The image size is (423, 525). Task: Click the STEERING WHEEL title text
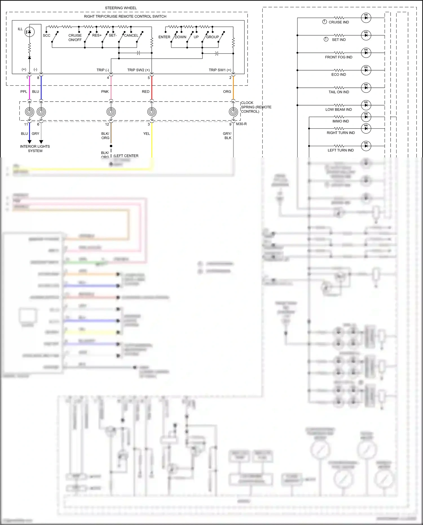(121, 8)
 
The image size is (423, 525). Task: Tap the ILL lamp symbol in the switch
(30, 32)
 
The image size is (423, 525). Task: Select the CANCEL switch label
(131, 36)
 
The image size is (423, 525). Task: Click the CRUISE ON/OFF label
(75, 38)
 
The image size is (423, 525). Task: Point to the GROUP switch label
(212, 37)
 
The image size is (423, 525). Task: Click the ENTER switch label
(164, 37)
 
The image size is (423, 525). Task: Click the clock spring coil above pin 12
(111, 112)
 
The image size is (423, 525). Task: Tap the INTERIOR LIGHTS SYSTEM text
(35, 149)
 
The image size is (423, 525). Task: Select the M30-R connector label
(241, 124)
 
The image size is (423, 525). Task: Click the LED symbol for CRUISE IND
(366, 18)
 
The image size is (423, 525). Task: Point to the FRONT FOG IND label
(338, 57)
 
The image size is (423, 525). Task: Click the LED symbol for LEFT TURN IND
(366, 146)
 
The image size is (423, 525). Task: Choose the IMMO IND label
(340, 121)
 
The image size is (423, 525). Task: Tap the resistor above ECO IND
(339, 70)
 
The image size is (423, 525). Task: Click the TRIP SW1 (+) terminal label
(220, 70)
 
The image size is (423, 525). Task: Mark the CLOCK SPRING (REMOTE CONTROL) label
(256, 107)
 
